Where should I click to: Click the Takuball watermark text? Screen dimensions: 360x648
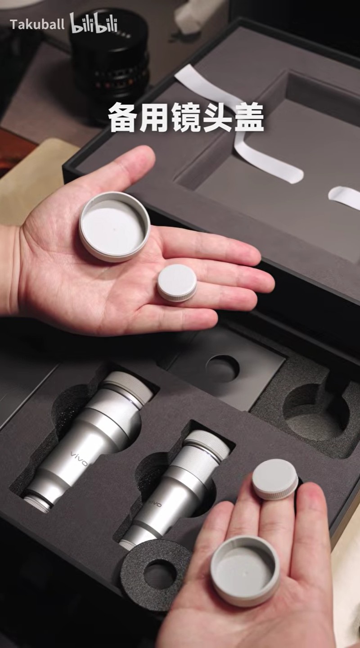pyautogui.click(x=37, y=25)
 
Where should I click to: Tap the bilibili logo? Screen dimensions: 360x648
pyautogui.click(x=94, y=23)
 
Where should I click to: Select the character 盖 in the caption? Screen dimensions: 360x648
pyautogui.click(x=248, y=118)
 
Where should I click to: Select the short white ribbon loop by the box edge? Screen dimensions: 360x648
pyautogui.click(x=345, y=196)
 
